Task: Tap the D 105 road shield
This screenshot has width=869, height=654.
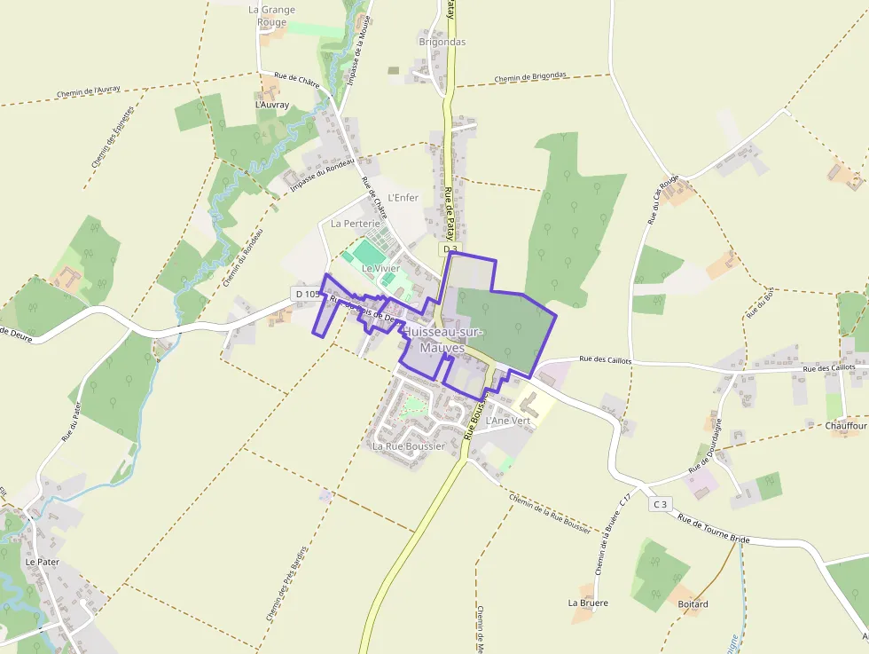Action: click(x=306, y=294)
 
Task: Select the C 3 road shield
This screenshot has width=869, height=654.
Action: click(x=659, y=504)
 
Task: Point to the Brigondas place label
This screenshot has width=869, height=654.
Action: click(x=442, y=42)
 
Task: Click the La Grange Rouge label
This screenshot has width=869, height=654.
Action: click(x=271, y=16)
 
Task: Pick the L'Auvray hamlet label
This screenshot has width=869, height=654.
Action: click(x=271, y=105)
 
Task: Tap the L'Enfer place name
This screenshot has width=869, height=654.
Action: click(x=403, y=197)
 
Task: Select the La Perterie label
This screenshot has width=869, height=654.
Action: click(x=355, y=224)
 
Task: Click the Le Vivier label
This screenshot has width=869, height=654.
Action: click(x=380, y=268)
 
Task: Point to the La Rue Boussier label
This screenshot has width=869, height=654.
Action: click(x=408, y=446)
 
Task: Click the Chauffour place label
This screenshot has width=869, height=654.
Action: click(x=845, y=426)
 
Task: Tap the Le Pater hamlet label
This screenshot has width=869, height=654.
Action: click(x=42, y=562)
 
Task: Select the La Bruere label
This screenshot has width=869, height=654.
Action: click(x=588, y=603)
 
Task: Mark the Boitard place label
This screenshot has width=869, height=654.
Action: click(x=693, y=604)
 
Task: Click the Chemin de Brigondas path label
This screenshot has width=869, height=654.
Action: click(x=530, y=77)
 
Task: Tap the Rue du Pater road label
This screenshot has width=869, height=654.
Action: click(x=71, y=421)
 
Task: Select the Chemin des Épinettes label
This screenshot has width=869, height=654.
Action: click(x=112, y=138)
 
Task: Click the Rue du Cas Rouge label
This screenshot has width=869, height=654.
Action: click(x=663, y=199)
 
